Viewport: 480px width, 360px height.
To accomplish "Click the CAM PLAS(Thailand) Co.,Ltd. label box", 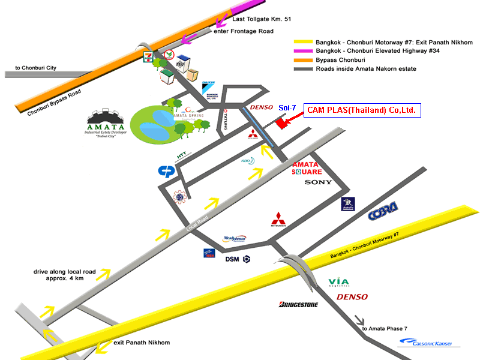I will (362, 110).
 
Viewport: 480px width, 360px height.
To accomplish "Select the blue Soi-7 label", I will (287, 107).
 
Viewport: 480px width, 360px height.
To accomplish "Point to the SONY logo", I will (318, 181).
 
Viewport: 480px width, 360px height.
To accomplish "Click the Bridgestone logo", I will (298, 305).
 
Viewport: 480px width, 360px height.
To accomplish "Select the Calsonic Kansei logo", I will (425, 343).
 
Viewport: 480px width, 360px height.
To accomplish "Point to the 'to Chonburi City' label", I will (35, 68).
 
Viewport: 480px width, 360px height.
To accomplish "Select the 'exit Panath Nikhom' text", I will (142, 343).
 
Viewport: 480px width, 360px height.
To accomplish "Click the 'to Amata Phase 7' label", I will (385, 328).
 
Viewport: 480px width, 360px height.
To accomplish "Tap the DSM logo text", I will (232, 259).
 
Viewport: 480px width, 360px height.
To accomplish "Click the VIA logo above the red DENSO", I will (339, 282).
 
